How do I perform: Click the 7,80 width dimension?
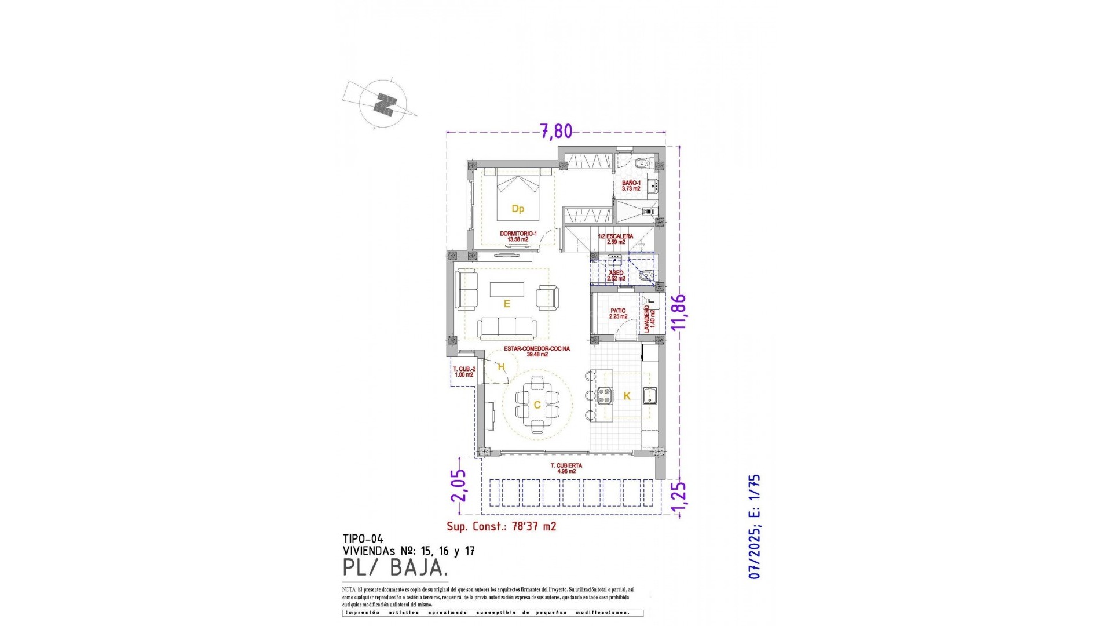[x=556, y=132]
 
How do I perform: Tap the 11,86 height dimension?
[x=679, y=312]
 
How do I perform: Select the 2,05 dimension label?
[x=459, y=486]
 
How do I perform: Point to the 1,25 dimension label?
[x=679, y=498]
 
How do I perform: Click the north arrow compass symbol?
[x=383, y=104]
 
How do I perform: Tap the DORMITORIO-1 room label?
[x=518, y=234]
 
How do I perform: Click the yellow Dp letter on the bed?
[x=518, y=209]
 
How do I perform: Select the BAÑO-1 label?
[x=631, y=183]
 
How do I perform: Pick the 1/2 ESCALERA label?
[x=615, y=236]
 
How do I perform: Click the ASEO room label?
[x=616, y=273]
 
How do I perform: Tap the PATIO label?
[x=618, y=311]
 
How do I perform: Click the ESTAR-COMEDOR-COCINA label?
[x=537, y=349]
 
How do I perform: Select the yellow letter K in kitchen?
[x=627, y=396]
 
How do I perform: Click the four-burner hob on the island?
[x=605, y=396]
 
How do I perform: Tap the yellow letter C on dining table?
[x=537, y=405]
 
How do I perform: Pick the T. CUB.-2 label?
[x=464, y=369]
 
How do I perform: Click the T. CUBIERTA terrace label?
[x=566, y=466]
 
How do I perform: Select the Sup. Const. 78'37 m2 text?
[x=501, y=526]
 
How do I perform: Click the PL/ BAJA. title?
[x=395, y=568]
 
